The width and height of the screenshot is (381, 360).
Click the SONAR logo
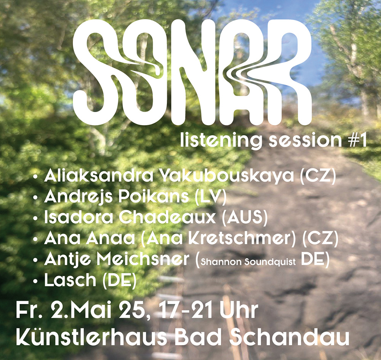coord(192,72)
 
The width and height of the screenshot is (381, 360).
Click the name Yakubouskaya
coord(227,176)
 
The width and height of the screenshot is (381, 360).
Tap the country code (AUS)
coord(245,217)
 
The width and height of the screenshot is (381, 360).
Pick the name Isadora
coord(78,217)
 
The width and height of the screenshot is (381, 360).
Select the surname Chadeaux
coord(167,217)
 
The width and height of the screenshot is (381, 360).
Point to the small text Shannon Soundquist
coord(248,262)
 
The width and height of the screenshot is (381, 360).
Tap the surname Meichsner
coord(143,259)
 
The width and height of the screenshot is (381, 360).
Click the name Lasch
coord(70,280)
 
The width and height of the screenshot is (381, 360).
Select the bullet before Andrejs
coord(35,198)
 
